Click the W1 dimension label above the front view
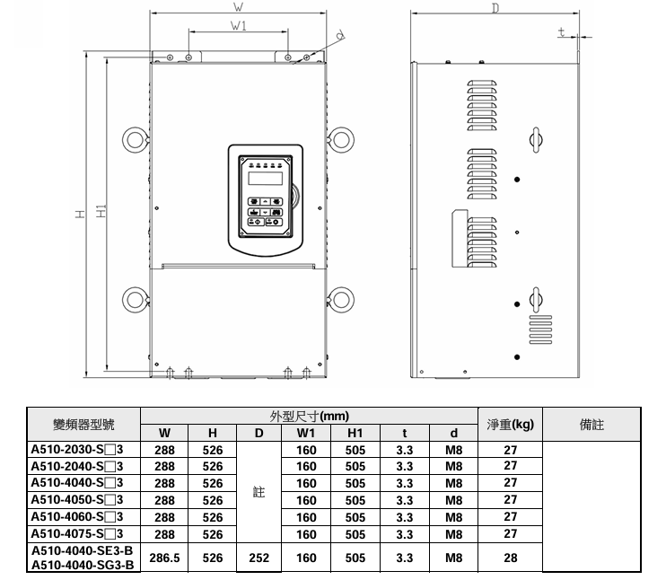point(238,26)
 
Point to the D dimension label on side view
point(495,8)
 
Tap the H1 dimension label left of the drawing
point(101,211)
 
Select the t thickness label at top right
point(562,31)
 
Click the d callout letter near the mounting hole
point(340,35)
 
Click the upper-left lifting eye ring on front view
point(136,140)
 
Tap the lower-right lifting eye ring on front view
point(341,300)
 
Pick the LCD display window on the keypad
point(266,179)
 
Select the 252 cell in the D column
point(259,558)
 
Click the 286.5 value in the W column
point(164,558)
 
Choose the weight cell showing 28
point(511,558)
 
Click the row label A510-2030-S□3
point(77,449)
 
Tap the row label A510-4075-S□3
point(77,533)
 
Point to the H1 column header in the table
point(355,433)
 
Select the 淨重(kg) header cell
point(510,424)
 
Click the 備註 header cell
point(592,424)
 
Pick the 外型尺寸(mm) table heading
point(309,416)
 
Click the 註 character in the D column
point(259,492)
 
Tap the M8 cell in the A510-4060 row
point(453,517)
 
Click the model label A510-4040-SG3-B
point(83,565)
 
